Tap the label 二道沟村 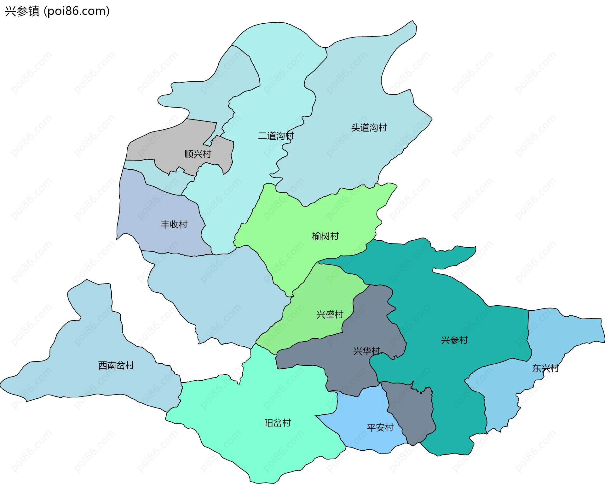click(x=276, y=136)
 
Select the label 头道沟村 click(x=369, y=128)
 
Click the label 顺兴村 click(x=198, y=154)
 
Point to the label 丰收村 click(x=174, y=225)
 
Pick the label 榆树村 click(x=325, y=236)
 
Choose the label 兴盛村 click(x=330, y=315)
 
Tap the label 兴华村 click(x=367, y=351)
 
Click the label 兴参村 click(x=454, y=340)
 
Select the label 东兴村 click(x=545, y=368)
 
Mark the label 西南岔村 click(x=116, y=366)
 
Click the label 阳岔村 click(x=277, y=423)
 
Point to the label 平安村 click(x=380, y=428)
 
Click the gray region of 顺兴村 click(x=170, y=142)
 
